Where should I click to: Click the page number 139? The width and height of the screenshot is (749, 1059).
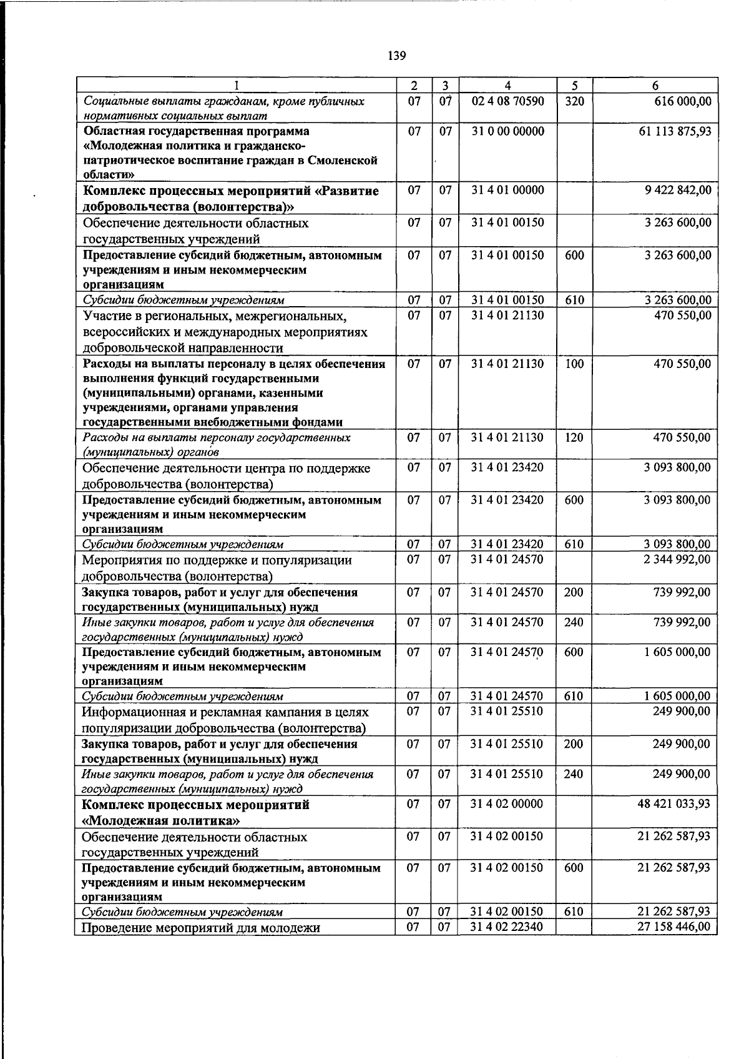[397, 56]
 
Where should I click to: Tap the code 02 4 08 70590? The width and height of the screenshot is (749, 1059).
[507, 101]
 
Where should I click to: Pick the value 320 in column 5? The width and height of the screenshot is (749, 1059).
[574, 101]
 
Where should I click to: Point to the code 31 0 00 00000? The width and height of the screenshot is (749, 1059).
[507, 131]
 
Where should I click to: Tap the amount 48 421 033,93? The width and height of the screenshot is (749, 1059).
[674, 803]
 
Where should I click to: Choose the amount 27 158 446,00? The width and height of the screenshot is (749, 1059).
[674, 927]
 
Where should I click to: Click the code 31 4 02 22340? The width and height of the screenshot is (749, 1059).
[507, 927]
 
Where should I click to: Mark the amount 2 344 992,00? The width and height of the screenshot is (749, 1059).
[677, 559]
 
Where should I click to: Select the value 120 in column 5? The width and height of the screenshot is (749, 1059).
[574, 437]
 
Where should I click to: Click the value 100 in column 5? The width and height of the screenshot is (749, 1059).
[574, 364]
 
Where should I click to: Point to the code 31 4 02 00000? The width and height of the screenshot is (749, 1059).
[507, 803]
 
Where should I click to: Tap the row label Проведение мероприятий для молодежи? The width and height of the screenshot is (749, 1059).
[202, 928]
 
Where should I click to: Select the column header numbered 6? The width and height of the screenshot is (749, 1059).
[655, 86]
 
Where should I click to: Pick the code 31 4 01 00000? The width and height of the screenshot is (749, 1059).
[507, 190]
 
